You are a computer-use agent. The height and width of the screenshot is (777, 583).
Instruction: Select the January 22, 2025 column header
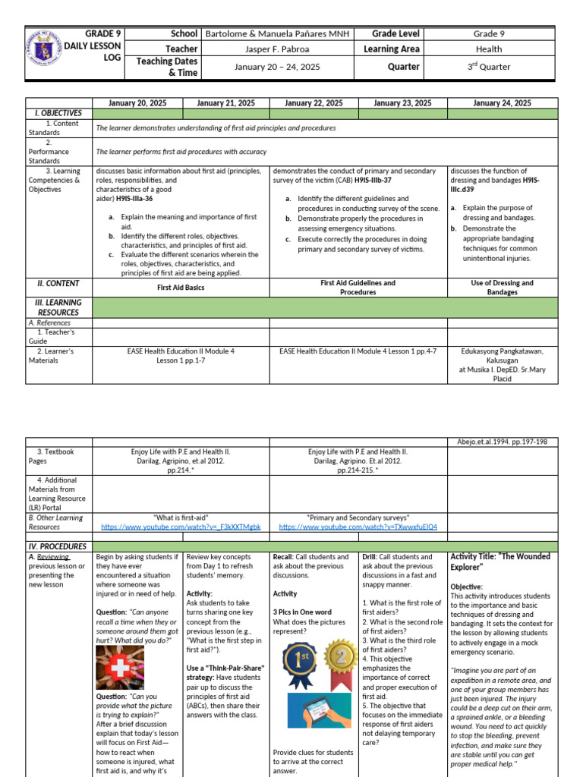(314, 103)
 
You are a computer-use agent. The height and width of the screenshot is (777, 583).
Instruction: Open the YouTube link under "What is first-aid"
(181, 527)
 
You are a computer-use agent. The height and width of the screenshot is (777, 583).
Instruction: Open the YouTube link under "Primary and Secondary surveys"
(358, 527)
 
